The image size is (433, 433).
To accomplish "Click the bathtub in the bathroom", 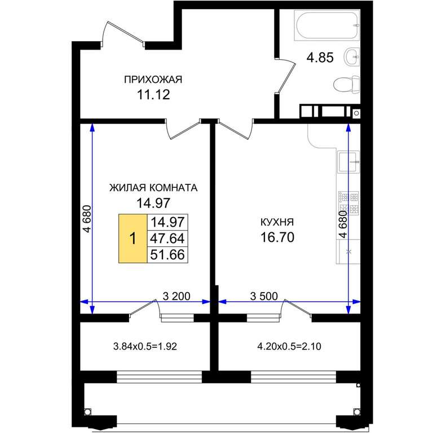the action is (327, 25).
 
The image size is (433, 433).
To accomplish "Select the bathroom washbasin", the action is (352, 57).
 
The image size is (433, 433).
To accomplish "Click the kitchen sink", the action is (348, 162).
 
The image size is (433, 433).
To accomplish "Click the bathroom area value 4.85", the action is (320, 58).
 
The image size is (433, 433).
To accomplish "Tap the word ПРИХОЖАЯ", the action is (153, 79).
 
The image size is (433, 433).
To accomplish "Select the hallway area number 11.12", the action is (153, 95).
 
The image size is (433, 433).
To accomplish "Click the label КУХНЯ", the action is (277, 222).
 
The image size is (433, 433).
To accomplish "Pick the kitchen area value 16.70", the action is (277, 237).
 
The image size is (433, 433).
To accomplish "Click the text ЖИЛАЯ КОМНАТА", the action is (153, 188).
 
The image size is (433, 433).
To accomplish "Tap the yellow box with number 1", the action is (133, 238).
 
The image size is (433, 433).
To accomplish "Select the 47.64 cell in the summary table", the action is (167, 238).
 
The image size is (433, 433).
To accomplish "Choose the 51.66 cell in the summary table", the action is (167, 255).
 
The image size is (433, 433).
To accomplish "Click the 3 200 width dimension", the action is (176, 296).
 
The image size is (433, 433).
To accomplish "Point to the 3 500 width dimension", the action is (264, 296).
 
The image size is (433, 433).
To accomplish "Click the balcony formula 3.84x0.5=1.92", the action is (145, 346).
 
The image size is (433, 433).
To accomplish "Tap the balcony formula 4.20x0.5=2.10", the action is (289, 346).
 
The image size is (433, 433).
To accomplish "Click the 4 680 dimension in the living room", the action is (87, 219).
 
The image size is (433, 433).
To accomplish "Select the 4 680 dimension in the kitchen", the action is (343, 224).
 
